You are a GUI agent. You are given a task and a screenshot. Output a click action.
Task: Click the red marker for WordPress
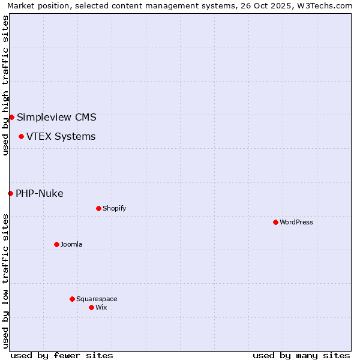point(275,222)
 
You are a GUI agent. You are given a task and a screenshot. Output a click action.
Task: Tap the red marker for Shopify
point(98,208)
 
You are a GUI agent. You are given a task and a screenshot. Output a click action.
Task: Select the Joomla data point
point(56,244)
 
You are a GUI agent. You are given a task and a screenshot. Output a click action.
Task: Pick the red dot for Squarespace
point(72,299)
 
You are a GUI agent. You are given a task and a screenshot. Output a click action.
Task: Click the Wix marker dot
point(91,307)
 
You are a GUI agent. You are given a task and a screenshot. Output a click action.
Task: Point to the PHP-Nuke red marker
point(10,193)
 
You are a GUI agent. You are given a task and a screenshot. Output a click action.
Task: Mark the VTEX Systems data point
point(21,136)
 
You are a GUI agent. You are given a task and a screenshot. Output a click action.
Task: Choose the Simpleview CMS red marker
point(11,117)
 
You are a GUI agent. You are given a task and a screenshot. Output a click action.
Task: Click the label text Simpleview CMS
point(56,117)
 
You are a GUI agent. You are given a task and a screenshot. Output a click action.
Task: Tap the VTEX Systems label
point(61,136)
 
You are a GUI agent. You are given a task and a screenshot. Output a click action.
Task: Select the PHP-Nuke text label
point(39,193)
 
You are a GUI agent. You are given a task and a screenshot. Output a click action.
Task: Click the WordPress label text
point(296,222)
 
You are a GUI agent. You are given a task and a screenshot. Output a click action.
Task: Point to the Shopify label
point(114,208)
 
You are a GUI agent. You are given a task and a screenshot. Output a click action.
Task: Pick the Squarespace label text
point(97,299)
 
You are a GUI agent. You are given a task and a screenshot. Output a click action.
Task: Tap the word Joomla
point(71,244)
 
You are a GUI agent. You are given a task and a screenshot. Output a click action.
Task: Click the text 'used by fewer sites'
point(62,355)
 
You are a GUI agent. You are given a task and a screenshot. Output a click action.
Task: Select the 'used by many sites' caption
point(301,355)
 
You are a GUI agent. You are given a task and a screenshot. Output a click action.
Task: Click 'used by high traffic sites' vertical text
point(5,85)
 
